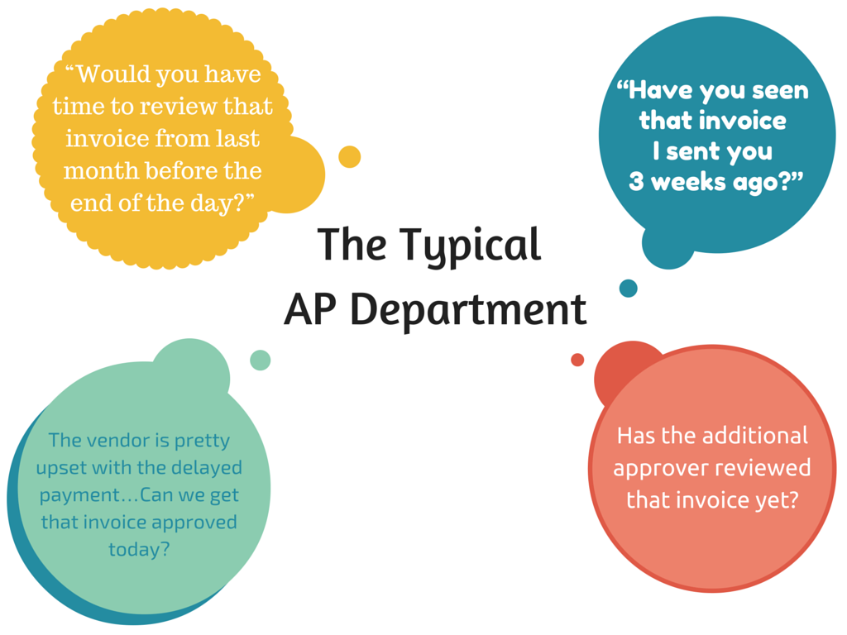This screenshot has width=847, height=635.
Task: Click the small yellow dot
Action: [x=350, y=156]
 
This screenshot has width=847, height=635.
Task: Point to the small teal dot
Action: [x=629, y=288]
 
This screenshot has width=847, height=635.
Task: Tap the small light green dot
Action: [x=260, y=360]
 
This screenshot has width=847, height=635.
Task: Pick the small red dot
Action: [x=577, y=360]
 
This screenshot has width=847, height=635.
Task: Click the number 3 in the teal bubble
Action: [x=636, y=182]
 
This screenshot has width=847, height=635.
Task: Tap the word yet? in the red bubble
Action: [x=771, y=499]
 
